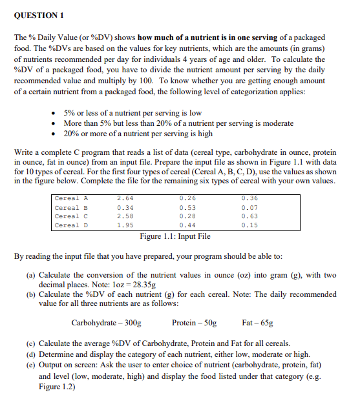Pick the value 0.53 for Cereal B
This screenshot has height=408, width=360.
(187, 208)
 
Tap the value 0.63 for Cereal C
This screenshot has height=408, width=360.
(249, 217)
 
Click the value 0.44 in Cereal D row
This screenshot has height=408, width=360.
(187, 226)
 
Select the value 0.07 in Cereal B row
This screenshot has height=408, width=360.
(249, 208)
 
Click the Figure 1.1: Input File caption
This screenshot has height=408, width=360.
(175, 236)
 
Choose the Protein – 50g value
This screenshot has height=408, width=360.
(195, 322)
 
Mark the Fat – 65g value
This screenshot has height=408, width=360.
(257, 322)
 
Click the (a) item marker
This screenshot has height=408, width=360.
(31, 275)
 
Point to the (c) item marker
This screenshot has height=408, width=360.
(31, 343)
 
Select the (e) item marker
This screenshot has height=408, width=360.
(31, 365)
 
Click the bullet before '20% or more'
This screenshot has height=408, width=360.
(56, 134)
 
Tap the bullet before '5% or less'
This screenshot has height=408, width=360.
(56, 113)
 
